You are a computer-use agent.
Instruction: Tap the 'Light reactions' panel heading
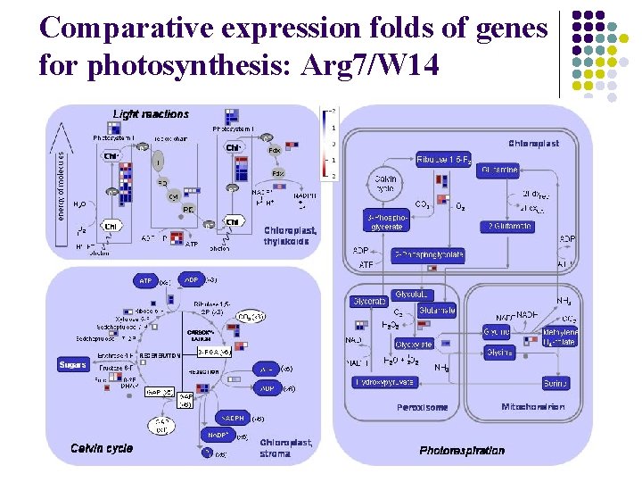[151, 114]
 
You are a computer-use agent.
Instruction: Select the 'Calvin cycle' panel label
[102, 447]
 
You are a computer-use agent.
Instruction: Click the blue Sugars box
[72, 364]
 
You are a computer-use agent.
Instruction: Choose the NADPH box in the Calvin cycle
[233, 418]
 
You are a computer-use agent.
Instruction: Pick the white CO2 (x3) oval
[250, 317]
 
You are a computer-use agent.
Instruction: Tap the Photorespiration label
[462, 450]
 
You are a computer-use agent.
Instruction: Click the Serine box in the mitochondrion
[555, 383]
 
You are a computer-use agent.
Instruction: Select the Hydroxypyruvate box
[383, 382]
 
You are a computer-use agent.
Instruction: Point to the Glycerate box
[368, 302]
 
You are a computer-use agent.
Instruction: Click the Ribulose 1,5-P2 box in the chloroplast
[447, 160]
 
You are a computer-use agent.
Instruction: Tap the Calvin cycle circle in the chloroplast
[384, 184]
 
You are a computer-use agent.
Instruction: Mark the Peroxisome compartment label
[422, 408]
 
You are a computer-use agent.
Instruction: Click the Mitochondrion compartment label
[532, 407]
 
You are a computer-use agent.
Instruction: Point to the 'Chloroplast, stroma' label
[286, 447]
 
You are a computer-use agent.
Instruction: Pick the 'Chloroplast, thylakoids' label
[290, 236]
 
